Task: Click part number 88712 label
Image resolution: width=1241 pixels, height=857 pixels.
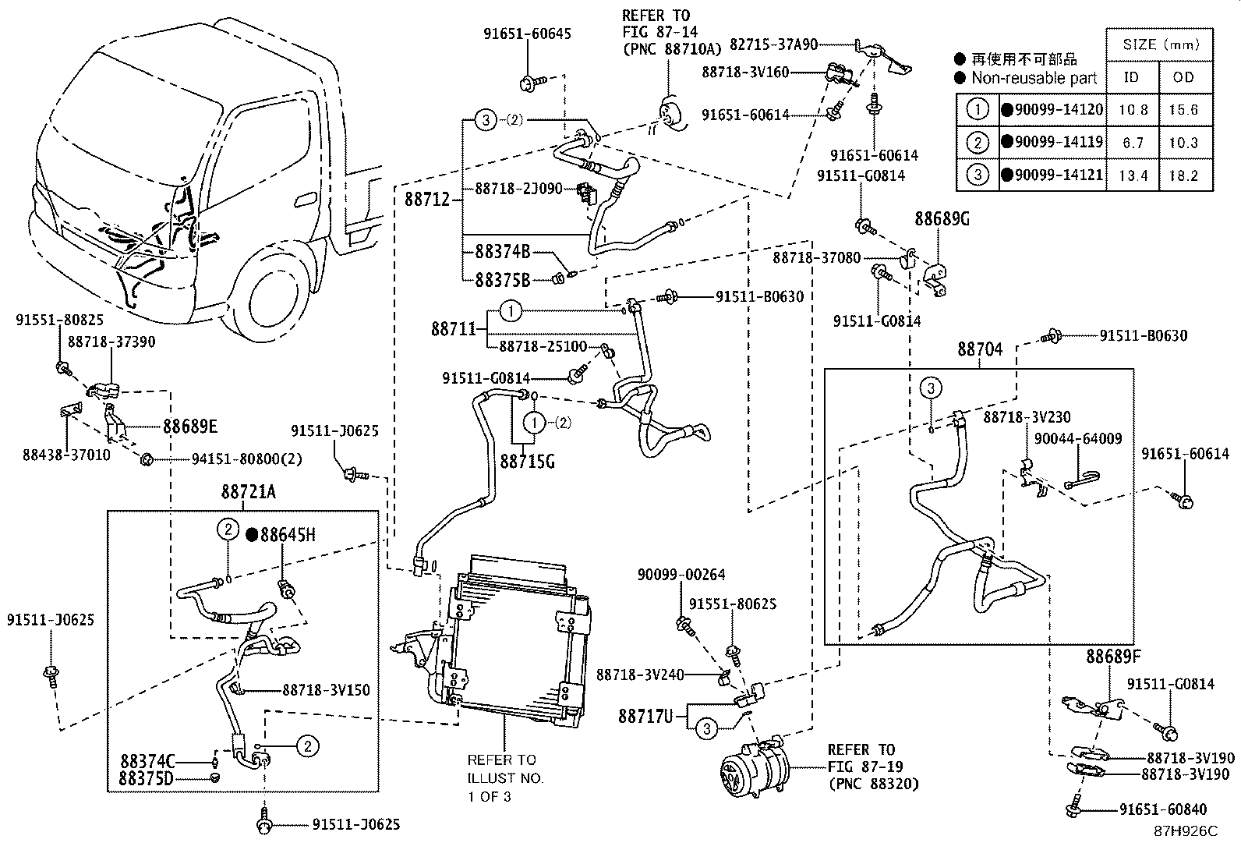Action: pyautogui.click(x=427, y=199)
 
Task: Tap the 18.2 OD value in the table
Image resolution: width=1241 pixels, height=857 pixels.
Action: pyautogui.click(x=1183, y=175)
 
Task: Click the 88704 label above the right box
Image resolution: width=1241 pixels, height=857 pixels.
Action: pyautogui.click(x=980, y=349)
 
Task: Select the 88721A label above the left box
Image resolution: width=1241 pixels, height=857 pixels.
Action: pyautogui.click(x=248, y=492)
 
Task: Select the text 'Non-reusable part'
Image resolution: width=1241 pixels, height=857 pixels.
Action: pyautogui.click(x=1034, y=78)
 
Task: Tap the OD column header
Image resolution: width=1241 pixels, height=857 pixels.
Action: pyautogui.click(x=1183, y=77)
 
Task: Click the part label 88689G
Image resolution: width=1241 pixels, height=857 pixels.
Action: pyautogui.click(x=942, y=219)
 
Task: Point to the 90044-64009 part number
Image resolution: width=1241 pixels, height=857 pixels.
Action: pyautogui.click(x=1078, y=438)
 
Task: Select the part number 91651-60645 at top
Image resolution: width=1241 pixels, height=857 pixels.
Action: pyautogui.click(x=527, y=34)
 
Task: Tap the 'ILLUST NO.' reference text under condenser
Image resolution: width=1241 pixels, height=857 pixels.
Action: pyautogui.click(x=505, y=777)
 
